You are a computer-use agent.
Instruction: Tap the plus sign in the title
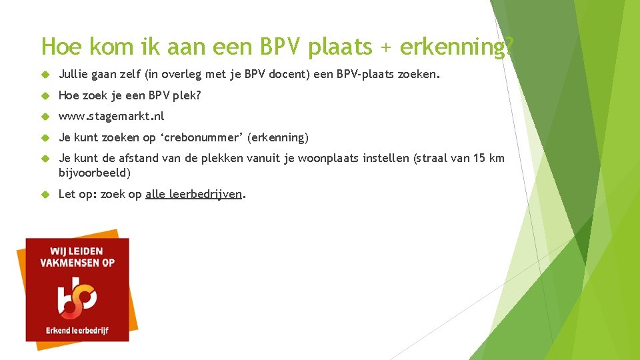pos(389,47)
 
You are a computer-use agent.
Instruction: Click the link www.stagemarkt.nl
pos(111,116)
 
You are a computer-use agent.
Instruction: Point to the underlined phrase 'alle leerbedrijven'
pos(193,194)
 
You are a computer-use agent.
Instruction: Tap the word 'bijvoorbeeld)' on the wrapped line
pos(94,173)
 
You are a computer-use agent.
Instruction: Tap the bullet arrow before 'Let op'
pos(45,194)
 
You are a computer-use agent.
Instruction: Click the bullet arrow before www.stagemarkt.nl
pos(45,117)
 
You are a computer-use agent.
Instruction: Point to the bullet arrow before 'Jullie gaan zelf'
pos(45,75)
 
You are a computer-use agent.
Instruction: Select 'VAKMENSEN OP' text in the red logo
pos(77,263)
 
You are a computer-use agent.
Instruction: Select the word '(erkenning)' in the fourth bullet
pos(278,137)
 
